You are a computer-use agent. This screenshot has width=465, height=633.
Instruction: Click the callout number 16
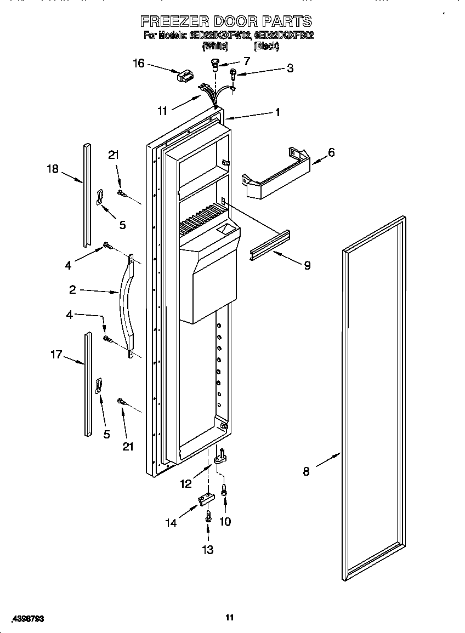[139, 64]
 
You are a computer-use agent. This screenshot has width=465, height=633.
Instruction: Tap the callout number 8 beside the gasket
[306, 471]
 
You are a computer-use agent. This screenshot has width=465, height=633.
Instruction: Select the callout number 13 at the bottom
[208, 550]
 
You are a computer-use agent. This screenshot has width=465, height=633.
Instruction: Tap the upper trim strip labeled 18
[87, 195]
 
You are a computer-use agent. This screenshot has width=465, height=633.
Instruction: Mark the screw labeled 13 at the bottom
[208, 516]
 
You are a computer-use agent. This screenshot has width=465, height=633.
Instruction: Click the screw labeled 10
[224, 489]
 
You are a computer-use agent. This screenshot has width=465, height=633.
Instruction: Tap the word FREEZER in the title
[174, 21]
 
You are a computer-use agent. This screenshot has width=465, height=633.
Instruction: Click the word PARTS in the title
[286, 21]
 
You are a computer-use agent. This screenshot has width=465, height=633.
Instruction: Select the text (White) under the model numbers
[215, 47]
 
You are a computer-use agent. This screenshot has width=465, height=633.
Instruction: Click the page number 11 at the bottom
[230, 618]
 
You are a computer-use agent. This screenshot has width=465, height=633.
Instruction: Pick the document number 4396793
[24, 618]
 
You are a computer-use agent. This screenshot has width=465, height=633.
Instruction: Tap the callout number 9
[307, 265]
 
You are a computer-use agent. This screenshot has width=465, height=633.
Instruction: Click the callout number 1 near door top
[277, 112]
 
